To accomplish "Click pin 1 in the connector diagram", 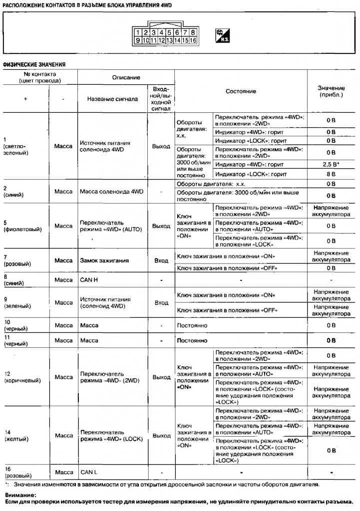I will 140,33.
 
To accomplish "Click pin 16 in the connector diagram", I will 193,40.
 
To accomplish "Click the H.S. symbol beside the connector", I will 222,36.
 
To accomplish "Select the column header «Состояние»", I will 241,91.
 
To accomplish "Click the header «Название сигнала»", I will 112,99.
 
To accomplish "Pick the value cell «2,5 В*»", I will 331,164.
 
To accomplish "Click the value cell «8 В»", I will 331,175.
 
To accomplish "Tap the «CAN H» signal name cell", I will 89,279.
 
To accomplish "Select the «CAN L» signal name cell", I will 89,472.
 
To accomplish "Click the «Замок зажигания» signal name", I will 104,260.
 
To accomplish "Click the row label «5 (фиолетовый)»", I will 22,226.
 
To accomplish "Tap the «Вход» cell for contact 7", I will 161,260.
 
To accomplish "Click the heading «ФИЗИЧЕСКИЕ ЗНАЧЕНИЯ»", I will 34,64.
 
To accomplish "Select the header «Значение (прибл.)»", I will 331,91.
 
